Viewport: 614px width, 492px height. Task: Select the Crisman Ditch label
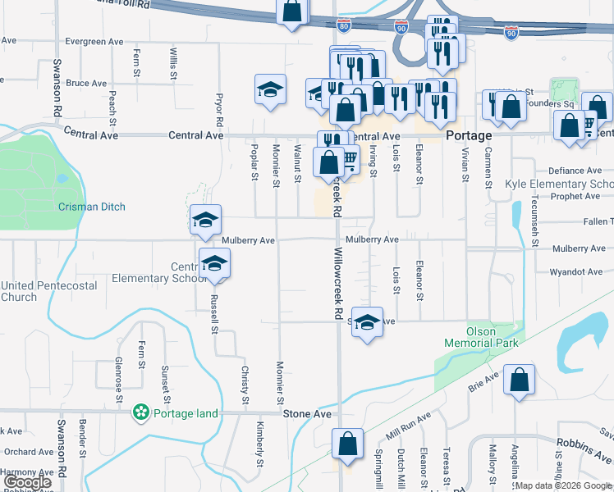[92, 207]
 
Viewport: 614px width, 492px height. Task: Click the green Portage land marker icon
[142, 412]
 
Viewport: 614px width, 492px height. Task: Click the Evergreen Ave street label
[94, 41]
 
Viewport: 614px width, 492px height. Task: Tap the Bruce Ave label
[87, 84]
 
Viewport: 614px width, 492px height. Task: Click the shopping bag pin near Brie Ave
[519, 380]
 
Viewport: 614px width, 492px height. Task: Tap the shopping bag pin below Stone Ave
[347, 444]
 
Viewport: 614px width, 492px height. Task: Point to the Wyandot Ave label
[575, 271]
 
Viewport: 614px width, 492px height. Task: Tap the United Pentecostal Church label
[49, 291]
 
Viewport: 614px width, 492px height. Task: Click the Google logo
[27, 482]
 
